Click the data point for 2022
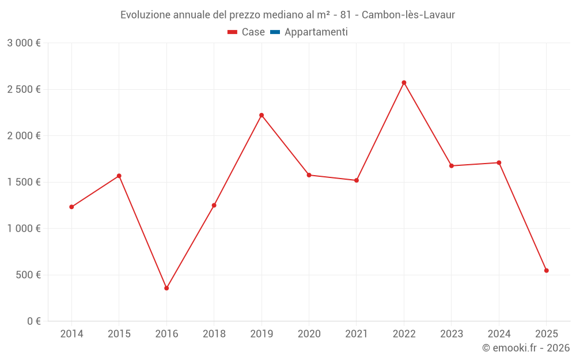click(404, 82)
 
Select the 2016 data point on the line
click(166, 288)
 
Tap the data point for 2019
click(262, 115)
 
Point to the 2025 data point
click(546, 271)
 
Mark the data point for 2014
click(71, 207)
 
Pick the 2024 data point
click(499, 162)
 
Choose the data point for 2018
click(214, 205)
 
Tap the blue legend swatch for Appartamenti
click(275, 32)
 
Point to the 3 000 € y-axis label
click(24, 43)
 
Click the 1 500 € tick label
click(24, 182)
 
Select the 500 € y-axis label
click(28, 275)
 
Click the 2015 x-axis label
click(119, 334)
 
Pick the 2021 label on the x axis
click(357, 334)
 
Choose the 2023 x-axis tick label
click(452, 334)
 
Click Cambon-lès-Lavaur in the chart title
click(408, 15)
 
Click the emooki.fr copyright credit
click(526, 348)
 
